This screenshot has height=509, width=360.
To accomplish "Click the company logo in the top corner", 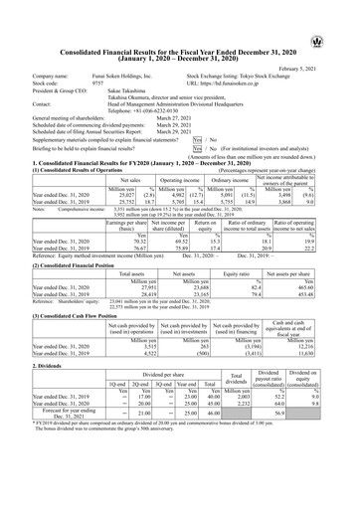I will click(343, 16).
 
